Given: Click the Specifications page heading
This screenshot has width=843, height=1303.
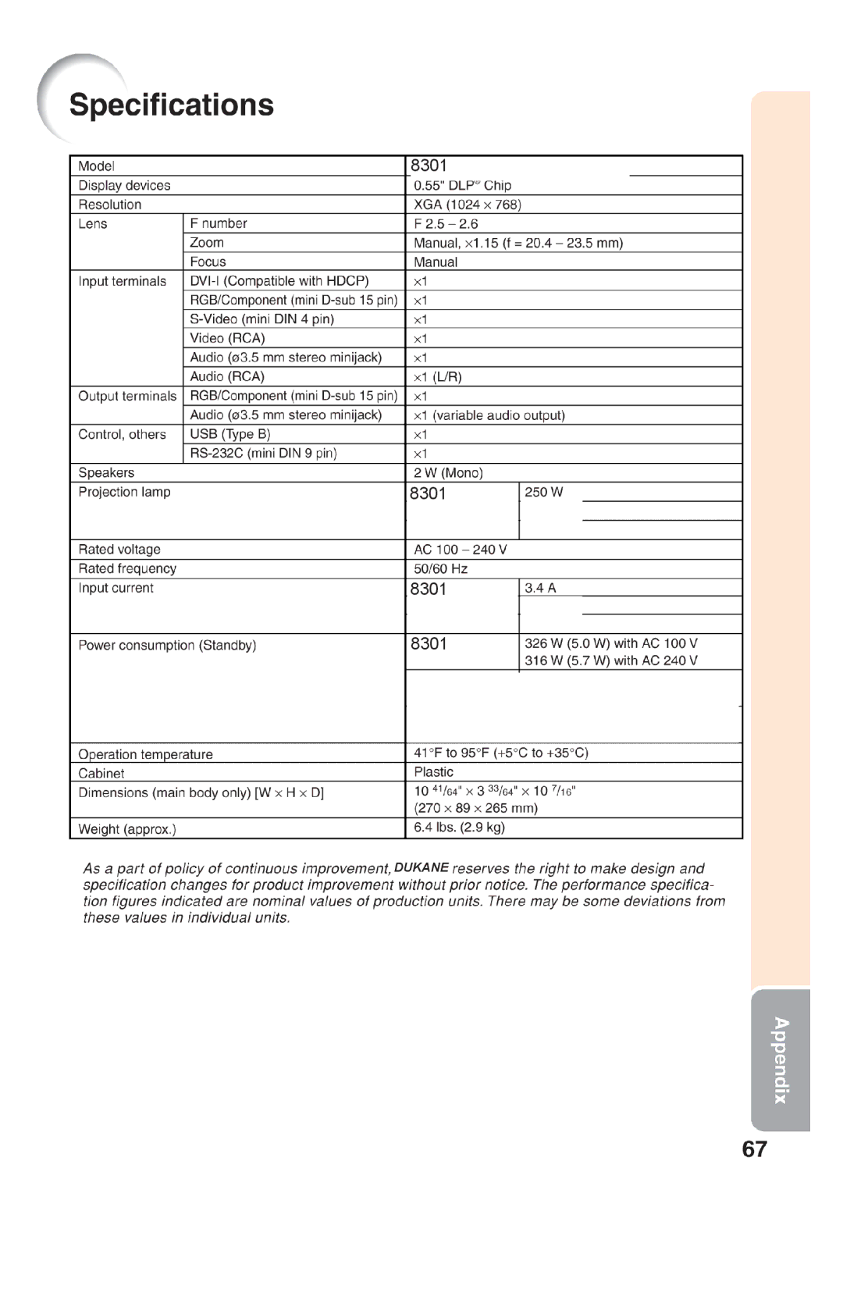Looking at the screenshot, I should point(171,105).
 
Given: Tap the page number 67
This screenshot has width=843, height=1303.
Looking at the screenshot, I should point(754,1150).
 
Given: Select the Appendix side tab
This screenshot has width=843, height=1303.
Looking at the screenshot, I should point(781,1059).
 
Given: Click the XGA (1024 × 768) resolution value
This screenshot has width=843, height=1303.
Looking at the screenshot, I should point(467,205).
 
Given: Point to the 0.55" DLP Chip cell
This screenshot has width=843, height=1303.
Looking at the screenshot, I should point(462,185).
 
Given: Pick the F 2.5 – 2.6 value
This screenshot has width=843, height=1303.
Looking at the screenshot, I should point(446,223).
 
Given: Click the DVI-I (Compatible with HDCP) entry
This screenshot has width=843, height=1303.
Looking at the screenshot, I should point(279,281).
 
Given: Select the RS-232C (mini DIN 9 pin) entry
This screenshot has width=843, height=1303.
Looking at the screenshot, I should point(263,454).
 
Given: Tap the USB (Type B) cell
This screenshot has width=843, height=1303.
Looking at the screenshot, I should point(230,434).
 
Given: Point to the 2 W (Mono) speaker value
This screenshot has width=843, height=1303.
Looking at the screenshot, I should point(448,473).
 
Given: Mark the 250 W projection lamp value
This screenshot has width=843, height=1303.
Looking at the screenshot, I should point(543,492).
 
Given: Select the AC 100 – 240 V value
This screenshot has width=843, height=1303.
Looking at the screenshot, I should point(460,550).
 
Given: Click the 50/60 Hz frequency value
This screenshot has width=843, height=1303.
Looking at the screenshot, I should point(440,569).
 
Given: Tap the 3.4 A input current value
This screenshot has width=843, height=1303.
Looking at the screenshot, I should point(540,588).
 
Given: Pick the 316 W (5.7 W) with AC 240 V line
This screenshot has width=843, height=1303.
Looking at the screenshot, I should point(610,660).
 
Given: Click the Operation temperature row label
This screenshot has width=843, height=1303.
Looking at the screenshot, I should point(145,754).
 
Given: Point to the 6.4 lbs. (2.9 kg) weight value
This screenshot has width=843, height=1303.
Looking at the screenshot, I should point(459,828).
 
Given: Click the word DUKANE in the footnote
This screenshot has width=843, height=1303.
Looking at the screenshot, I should point(421,867).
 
